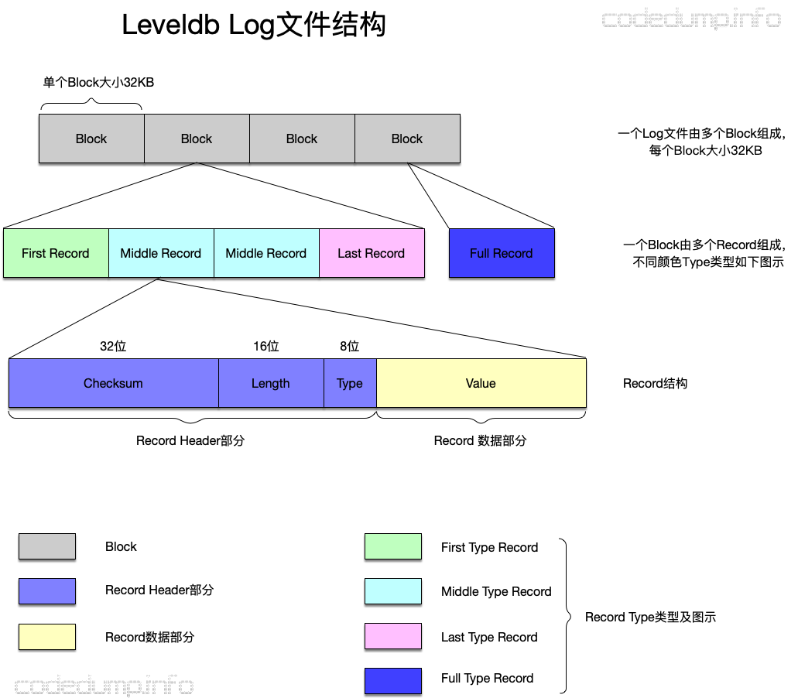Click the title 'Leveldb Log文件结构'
[254, 26]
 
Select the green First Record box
[56, 253]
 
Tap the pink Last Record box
[372, 253]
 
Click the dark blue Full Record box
[502, 253]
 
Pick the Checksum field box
[113, 383]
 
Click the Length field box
[271, 383]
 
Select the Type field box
[350, 383]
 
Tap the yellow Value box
[481, 383]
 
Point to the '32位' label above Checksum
[113, 347]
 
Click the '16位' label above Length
[266, 347]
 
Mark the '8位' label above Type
[350, 347]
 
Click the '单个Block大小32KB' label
[98, 82]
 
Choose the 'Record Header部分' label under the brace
[190, 440]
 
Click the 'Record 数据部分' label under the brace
[480, 440]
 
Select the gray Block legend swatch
[47, 546]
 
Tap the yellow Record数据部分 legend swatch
[47, 637]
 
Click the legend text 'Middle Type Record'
[496, 591]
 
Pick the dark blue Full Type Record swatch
[393, 681]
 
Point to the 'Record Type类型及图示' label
[650, 617]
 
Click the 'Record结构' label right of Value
[655, 383]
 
